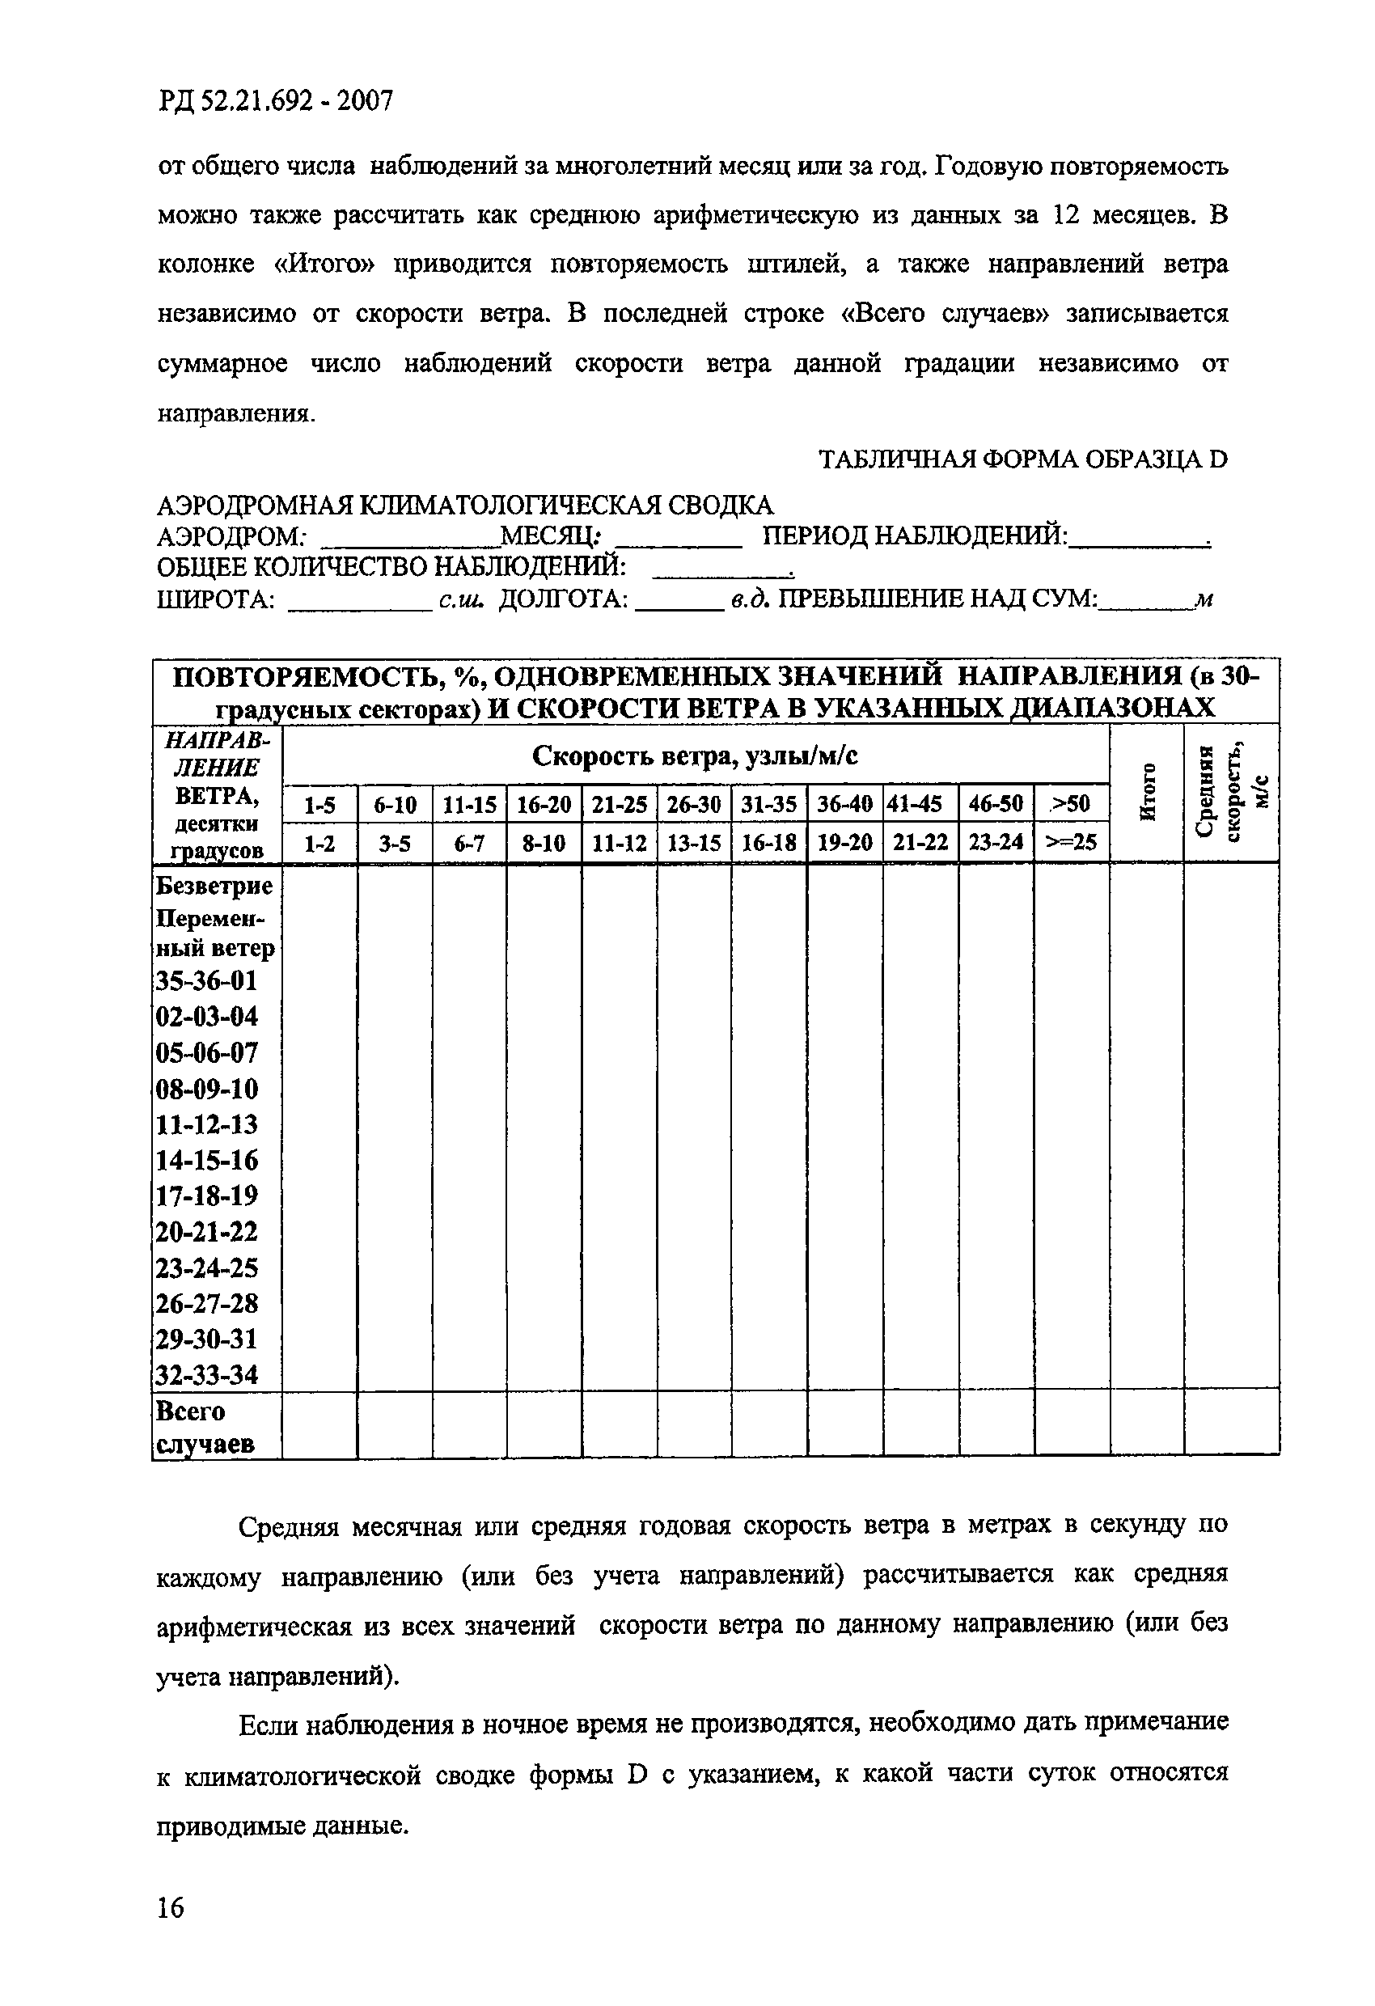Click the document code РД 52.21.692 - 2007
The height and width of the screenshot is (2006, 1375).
275,102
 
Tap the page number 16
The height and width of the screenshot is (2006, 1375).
171,1906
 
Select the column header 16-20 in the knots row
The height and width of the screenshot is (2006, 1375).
544,805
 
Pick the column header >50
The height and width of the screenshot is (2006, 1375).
1070,805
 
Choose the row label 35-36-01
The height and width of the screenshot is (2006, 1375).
207,980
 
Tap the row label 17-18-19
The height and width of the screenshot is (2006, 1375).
207,1196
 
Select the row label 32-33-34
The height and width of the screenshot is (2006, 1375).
207,1374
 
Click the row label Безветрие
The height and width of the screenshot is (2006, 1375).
214,886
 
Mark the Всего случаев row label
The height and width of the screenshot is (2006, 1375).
204,1427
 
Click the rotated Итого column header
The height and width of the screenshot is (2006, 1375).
1147,793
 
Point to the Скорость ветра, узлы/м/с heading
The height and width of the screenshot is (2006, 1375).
695,756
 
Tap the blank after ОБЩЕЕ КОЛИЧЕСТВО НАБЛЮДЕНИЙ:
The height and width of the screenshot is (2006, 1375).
721,573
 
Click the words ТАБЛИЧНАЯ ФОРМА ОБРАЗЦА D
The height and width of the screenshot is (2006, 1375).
1022,459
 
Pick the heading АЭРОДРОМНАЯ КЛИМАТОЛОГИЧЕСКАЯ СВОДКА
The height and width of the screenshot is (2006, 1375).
465,505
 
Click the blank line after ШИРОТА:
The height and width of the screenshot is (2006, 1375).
359,606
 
